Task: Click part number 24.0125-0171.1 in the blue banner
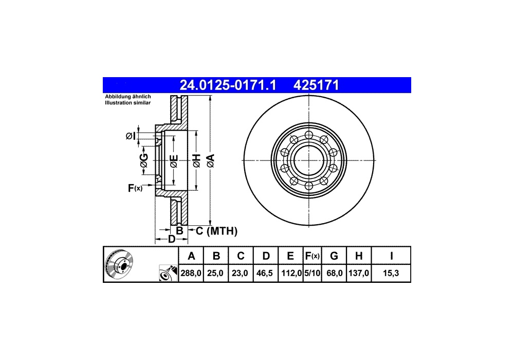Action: pos(228,85)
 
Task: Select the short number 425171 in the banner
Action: pos(316,85)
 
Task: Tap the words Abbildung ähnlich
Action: pos(128,97)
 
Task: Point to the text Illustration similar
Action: pos(127,103)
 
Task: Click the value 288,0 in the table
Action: pos(191,273)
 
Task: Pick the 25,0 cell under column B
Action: pos(215,273)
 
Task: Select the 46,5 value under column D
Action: pos(265,273)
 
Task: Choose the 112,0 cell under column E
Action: pos(291,273)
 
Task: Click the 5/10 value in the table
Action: pos(312,273)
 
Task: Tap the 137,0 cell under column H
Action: pos(359,273)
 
